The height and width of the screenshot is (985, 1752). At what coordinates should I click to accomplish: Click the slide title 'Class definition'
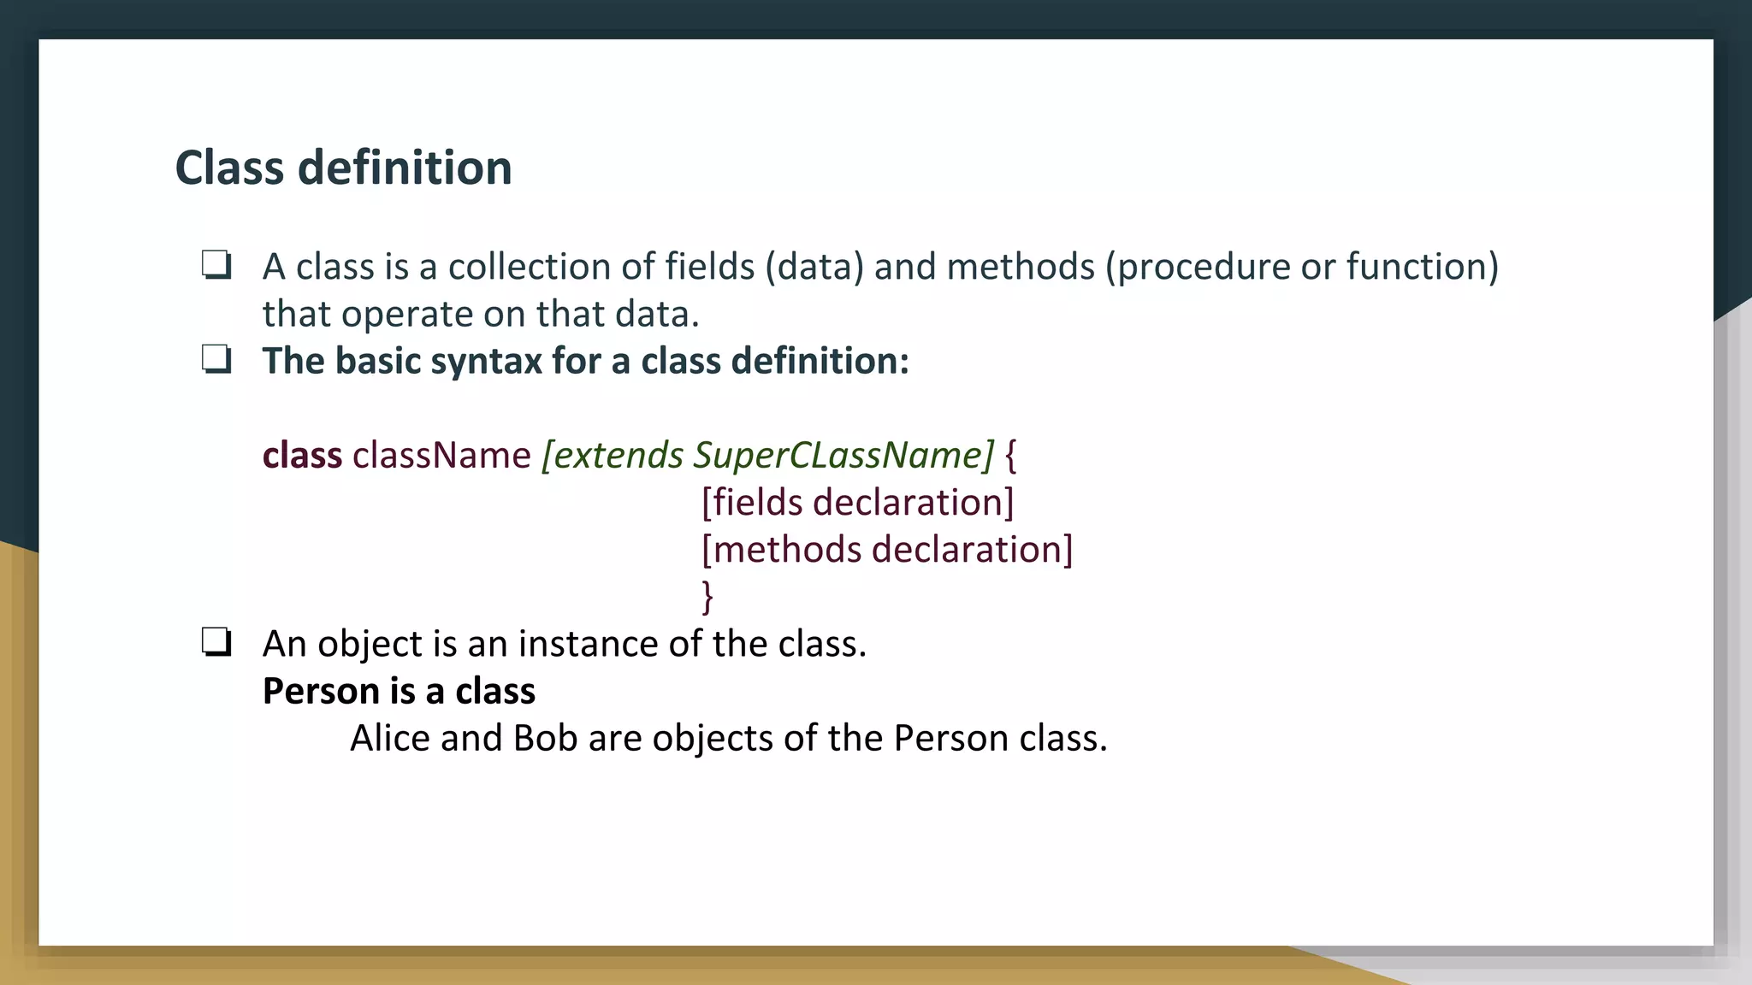coord(343,168)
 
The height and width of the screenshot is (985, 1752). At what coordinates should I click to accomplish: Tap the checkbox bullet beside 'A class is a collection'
coord(216,265)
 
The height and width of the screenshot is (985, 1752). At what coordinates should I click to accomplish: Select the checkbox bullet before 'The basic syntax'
coord(216,360)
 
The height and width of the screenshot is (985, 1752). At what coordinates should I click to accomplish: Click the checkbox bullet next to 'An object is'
coord(216,642)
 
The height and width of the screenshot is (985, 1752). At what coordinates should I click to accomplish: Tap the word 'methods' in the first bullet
coord(1020,267)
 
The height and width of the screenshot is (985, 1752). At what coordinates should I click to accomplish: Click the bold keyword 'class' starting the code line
coord(302,455)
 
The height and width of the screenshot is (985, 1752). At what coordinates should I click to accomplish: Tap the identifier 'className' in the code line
coord(441,455)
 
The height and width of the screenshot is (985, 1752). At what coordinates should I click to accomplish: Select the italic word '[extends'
coord(613,455)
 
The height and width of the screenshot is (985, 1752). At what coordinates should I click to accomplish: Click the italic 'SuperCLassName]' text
coord(843,455)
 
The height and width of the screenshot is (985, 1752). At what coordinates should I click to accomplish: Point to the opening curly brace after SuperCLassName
coord(1011,456)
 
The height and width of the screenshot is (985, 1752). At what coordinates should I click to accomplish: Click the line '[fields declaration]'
coord(857,502)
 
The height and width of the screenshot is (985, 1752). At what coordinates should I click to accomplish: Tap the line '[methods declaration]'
coord(886,549)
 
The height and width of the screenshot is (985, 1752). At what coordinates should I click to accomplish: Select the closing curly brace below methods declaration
coord(707,596)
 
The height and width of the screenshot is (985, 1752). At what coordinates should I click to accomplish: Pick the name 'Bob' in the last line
coord(545,738)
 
